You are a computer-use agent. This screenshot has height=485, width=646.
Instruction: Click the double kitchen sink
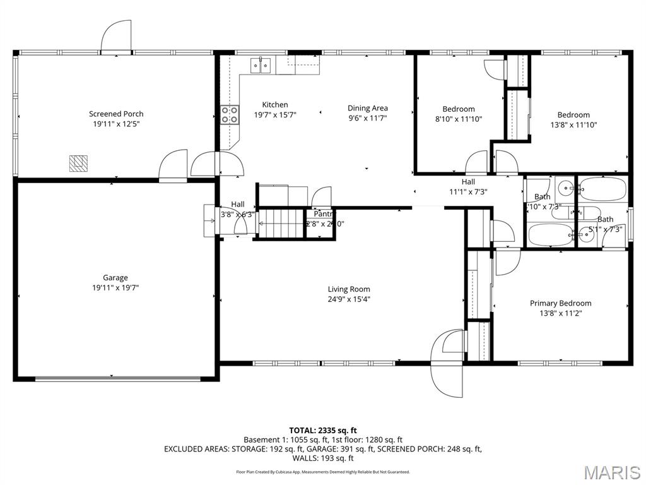coord(261,64)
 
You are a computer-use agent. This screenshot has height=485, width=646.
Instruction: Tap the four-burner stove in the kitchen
coord(230,114)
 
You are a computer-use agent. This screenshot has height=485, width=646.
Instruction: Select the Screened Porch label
coord(116,114)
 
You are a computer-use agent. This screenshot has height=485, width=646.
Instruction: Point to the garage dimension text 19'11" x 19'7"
coord(115,287)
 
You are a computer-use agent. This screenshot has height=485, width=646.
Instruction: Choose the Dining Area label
coord(368,108)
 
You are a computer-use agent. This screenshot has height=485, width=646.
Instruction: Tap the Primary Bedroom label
coord(560,303)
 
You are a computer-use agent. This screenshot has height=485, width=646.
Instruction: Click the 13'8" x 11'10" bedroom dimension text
coord(573,124)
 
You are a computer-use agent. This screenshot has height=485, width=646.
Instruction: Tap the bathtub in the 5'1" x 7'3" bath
coord(602,189)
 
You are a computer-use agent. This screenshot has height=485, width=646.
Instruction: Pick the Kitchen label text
coord(275,105)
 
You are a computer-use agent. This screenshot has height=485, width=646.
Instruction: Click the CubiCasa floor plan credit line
coord(323,472)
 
